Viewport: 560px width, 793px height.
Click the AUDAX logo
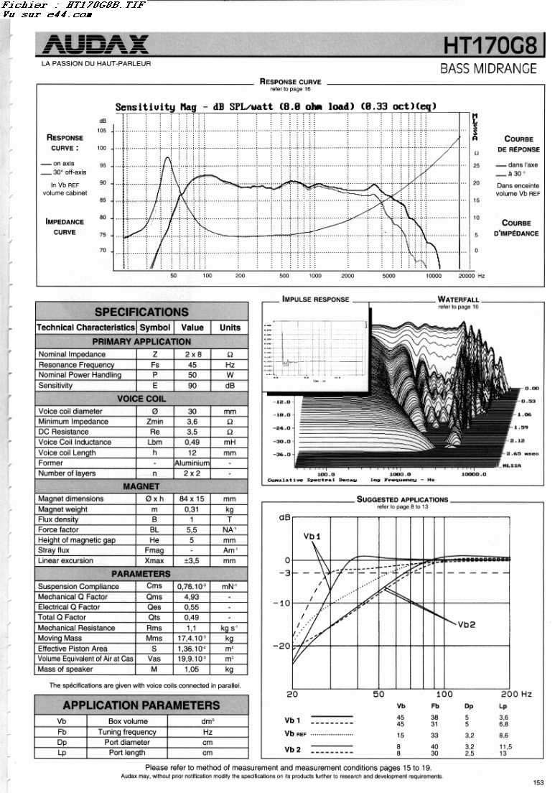click(x=95, y=46)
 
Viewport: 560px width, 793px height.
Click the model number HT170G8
click(x=490, y=46)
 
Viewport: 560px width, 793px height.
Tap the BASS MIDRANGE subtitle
click(x=488, y=69)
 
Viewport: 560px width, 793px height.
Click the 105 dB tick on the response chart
click(x=102, y=131)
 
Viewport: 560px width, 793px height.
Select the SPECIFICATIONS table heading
click(x=141, y=312)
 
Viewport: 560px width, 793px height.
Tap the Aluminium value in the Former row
click(x=192, y=463)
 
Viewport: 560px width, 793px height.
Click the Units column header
click(x=230, y=328)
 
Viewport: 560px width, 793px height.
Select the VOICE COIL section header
click(x=141, y=398)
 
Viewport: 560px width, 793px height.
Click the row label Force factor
click(x=58, y=529)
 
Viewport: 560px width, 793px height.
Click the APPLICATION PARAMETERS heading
click(x=141, y=705)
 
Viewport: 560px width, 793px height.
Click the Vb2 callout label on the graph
click(x=467, y=624)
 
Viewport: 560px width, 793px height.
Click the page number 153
click(x=538, y=784)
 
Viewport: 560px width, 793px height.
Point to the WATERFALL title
click(x=458, y=300)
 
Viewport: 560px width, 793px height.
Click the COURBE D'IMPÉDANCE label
click(x=516, y=228)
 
